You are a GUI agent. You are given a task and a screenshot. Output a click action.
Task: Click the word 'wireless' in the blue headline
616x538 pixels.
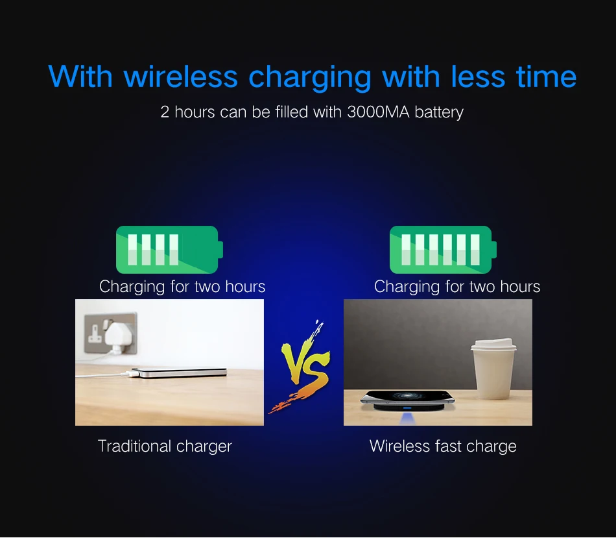[x=180, y=76]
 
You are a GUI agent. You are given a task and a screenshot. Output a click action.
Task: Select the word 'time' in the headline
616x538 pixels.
[x=546, y=76]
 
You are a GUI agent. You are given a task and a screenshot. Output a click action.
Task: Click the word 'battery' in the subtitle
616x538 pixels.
[x=439, y=112]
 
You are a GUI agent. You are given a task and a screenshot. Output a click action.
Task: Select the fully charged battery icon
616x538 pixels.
[x=442, y=250]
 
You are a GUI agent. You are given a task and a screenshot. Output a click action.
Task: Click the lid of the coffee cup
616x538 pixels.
[x=494, y=345]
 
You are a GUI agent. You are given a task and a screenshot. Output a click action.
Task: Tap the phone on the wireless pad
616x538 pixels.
[x=407, y=397]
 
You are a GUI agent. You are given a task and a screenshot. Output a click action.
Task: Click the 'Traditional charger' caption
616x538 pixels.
[x=165, y=446]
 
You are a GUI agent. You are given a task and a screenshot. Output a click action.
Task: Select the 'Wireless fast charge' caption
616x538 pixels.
[x=443, y=446]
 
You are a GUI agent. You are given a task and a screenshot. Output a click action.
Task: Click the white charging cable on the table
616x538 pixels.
[x=104, y=376]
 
